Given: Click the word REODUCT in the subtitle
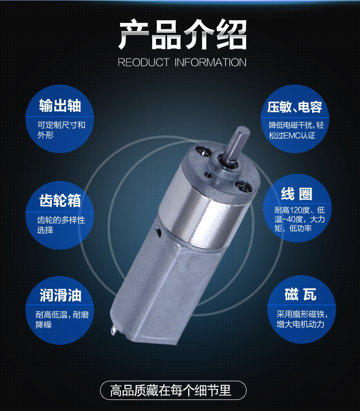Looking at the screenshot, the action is [144, 62].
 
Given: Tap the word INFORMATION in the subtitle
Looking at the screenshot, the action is [210, 62].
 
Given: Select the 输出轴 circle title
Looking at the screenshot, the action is [60, 105].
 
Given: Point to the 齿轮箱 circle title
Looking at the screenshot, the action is [60, 201].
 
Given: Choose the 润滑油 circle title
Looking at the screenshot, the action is [60, 295].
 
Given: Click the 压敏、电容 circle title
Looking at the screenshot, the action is [295, 107].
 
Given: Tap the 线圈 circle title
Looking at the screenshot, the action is [297, 194].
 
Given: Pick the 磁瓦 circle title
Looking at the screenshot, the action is [300, 294].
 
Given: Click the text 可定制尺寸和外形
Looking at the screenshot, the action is [61, 130].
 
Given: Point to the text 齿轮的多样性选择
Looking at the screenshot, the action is [61, 225].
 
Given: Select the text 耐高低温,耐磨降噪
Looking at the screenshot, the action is [62, 319].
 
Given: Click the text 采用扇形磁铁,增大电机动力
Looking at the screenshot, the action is [302, 319].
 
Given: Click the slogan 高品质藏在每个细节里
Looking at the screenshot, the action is [170, 390].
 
